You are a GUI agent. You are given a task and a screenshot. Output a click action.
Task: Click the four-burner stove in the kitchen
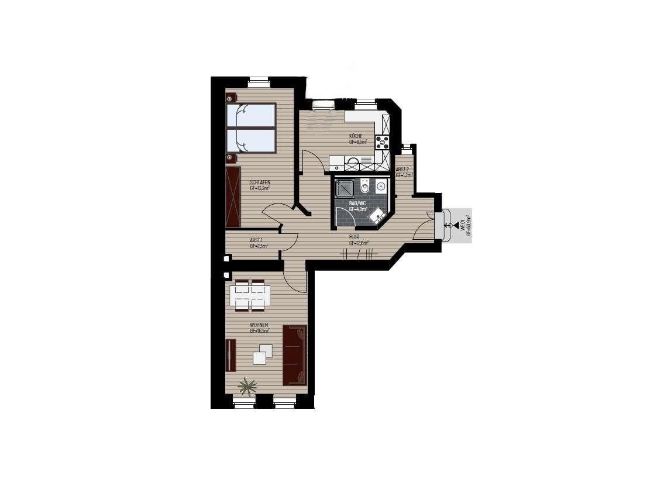click(x=383, y=141)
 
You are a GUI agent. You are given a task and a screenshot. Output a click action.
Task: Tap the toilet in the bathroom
click(x=364, y=187)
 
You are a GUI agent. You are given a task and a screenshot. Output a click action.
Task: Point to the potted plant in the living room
click(x=248, y=386)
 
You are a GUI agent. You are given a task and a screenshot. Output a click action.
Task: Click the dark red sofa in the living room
click(x=295, y=355)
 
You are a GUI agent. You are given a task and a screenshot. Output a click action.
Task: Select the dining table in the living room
click(x=250, y=295)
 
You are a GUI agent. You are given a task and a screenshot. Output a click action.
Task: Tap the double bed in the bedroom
click(x=251, y=129)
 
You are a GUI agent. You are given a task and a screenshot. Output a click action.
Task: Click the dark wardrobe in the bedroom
click(x=233, y=196)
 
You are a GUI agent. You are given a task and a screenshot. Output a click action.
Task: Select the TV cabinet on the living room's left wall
click(x=230, y=355)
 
